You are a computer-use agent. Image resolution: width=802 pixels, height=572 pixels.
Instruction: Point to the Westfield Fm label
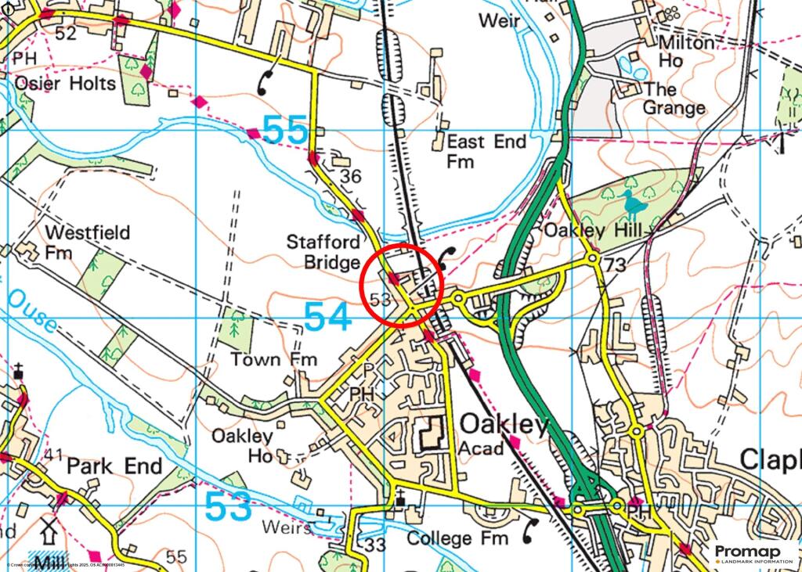pos(87,243)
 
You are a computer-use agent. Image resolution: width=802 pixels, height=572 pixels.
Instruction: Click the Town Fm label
pos(273,359)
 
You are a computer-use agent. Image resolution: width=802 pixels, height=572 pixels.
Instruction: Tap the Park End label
pos(114,466)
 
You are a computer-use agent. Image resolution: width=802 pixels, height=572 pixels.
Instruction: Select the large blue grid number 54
pos(327,317)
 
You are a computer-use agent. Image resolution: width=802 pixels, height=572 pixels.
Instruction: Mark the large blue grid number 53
pos(228,506)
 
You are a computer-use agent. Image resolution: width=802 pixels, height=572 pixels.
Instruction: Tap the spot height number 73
pos(616,267)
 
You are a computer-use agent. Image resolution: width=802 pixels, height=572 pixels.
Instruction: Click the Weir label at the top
pos(499,20)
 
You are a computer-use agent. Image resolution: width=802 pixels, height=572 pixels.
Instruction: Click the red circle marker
pos(403,284)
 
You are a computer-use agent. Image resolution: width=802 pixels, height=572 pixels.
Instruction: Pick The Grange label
pos(674,98)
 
